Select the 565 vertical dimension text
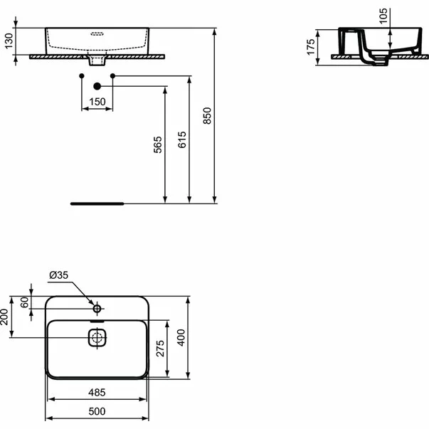point(159,144)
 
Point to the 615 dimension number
point(182,139)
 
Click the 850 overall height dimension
point(208,115)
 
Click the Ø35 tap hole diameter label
point(58,275)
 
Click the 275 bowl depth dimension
point(160,349)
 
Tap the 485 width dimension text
point(97,392)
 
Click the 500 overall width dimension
point(97,411)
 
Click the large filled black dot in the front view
point(97,86)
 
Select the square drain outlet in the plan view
point(97,338)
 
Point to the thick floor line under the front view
point(97,203)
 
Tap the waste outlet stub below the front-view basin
point(97,60)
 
